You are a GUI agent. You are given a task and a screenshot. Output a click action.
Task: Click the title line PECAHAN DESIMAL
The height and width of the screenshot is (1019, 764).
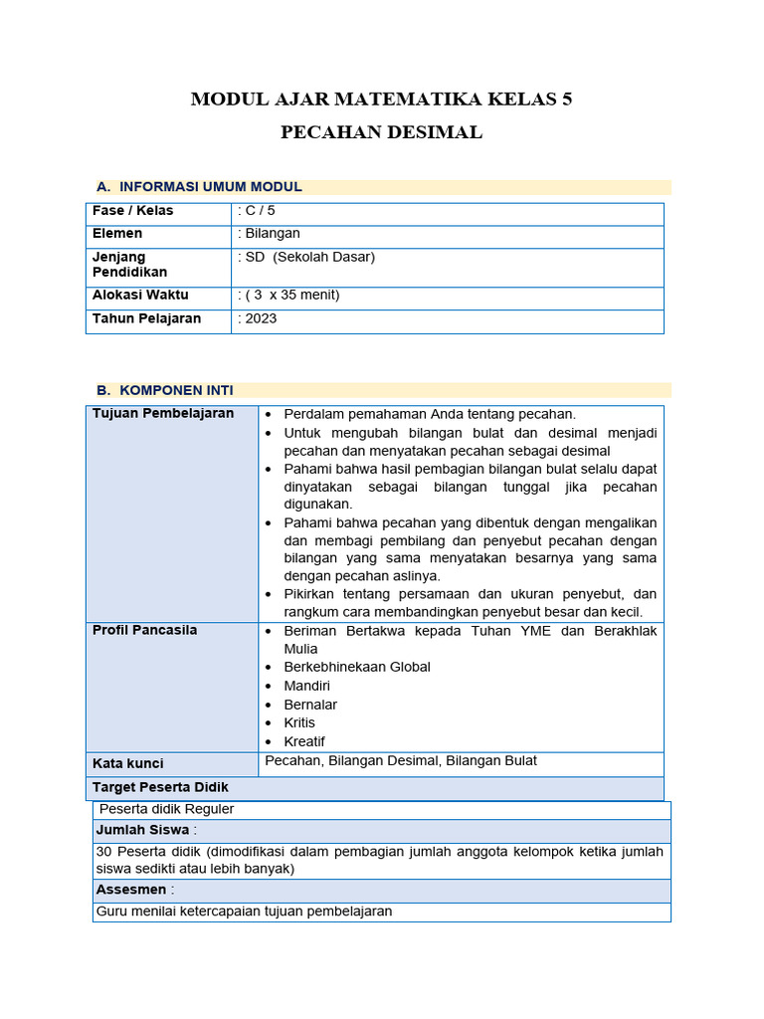(381, 132)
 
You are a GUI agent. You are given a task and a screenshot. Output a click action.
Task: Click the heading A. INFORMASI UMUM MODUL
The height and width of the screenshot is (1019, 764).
(199, 186)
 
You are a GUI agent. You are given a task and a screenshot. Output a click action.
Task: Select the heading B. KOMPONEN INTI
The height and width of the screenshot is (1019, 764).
(165, 390)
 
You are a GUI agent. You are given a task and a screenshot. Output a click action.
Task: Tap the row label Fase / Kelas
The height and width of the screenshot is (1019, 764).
(132, 211)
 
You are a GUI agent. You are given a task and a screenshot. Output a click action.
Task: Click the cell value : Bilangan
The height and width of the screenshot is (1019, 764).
(270, 234)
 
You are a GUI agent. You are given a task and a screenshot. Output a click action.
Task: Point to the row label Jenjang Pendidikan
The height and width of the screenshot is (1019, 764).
(130, 265)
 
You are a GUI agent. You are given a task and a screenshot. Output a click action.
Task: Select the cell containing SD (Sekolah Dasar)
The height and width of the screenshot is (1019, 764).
(309, 257)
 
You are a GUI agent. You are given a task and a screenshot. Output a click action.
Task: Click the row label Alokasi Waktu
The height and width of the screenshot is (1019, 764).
(140, 296)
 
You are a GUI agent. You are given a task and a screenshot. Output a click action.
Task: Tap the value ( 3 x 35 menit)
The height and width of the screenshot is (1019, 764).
(290, 296)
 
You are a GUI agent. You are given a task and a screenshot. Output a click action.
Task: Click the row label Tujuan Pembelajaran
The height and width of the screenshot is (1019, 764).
(163, 413)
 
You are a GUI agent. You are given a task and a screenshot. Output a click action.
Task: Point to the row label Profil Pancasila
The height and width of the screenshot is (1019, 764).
(144, 630)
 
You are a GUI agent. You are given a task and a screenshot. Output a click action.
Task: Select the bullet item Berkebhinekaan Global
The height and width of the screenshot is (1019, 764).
(357, 667)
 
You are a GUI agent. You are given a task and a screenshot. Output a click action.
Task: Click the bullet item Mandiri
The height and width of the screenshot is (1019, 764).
(306, 686)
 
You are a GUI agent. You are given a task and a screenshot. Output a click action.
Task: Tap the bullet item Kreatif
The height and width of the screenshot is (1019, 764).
(304, 741)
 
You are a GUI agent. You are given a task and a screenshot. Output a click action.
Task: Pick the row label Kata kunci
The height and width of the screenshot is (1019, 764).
(128, 763)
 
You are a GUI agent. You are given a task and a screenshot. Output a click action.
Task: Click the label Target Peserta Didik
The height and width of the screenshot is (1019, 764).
(160, 787)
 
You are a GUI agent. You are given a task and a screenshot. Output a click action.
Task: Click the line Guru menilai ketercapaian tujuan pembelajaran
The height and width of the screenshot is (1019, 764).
(245, 911)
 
